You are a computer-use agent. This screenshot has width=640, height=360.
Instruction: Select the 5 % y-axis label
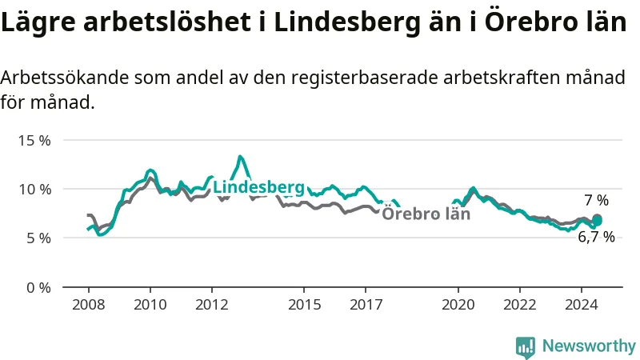point(38,238)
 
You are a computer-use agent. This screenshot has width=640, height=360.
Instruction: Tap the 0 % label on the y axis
point(38,288)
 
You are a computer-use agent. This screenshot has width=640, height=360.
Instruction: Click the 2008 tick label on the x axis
point(89,305)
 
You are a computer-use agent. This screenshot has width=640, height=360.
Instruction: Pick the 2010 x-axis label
point(150,305)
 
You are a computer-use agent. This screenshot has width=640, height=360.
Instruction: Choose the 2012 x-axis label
point(212,305)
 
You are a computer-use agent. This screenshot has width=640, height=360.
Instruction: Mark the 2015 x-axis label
point(304,305)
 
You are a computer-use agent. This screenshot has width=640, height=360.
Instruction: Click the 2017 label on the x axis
point(366,305)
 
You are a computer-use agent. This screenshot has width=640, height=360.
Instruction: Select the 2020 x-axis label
point(458,305)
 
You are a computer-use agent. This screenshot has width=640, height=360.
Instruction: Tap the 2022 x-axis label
point(519,305)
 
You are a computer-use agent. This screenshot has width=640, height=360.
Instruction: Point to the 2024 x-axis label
point(582,305)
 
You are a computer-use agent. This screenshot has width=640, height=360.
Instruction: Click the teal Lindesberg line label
point(258,187)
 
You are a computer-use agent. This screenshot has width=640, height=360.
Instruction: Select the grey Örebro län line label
point(426,214)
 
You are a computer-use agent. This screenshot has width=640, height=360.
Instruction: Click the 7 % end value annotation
point(596,201)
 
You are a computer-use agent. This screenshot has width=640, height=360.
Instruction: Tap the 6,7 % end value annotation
point(596,237)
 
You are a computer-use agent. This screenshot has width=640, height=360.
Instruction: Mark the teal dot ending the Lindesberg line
point(597,222)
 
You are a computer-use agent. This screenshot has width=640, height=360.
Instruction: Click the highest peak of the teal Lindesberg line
point(240,156)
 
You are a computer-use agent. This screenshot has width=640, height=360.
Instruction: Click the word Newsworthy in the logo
point(589,346)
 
